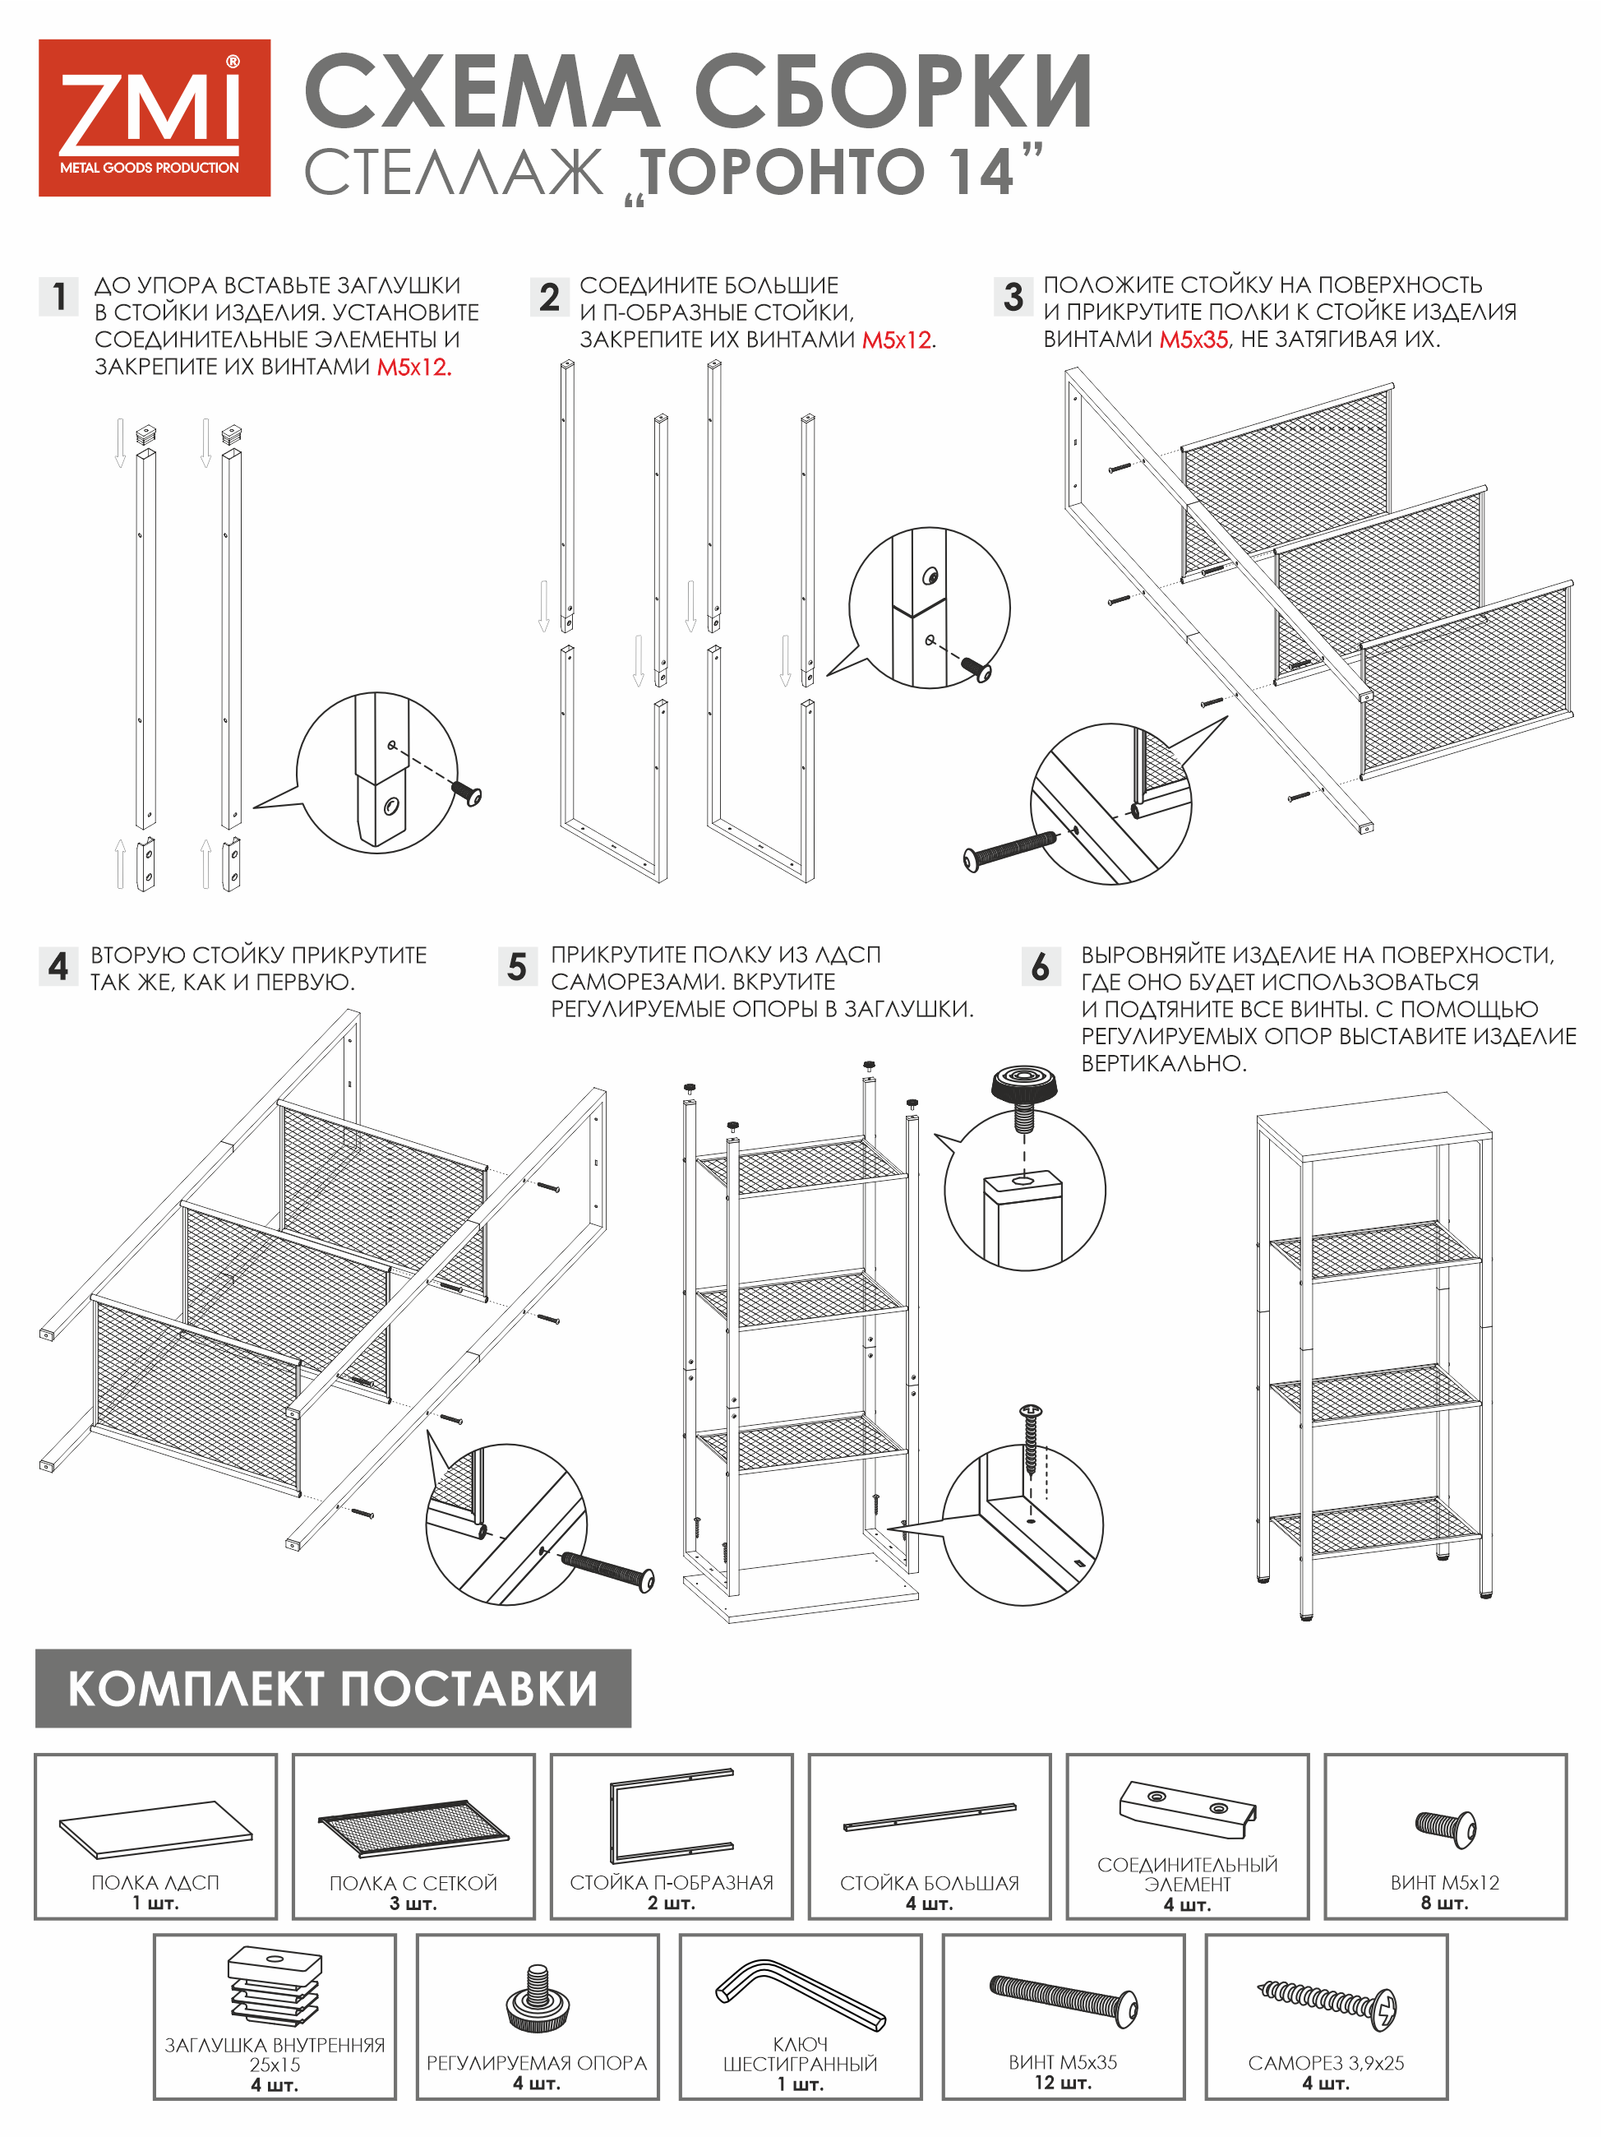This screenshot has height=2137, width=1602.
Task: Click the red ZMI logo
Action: (x=155, y=118)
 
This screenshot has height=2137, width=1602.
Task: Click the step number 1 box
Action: (x=59, y=297)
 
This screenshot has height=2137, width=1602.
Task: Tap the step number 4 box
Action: (x=58, y=966)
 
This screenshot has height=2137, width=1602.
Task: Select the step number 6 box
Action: (x=1041, y=966)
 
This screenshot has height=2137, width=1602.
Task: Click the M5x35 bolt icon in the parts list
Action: (x=1063, y=1998)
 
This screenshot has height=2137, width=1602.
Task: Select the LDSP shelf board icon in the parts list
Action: (x=155, y=1828)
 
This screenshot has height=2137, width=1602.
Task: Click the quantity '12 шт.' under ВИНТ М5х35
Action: (x=1063, y=2083)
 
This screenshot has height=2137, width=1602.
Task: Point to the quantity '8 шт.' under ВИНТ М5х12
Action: (x=1445, y=1903)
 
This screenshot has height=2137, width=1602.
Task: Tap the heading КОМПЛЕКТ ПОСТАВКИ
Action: (x=333, y=1689)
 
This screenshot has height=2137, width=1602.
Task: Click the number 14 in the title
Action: (x=977, y=172)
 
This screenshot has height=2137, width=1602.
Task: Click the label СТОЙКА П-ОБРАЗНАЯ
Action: (x=671, y=1883)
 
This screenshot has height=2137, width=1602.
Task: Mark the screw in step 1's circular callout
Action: (x=468, y=794)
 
